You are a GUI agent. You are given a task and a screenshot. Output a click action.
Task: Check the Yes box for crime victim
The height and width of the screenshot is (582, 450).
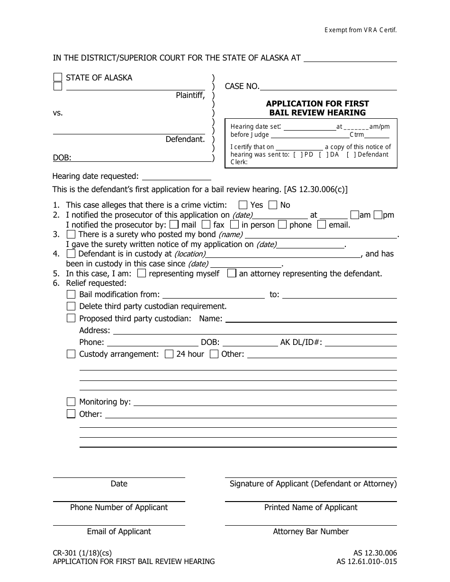point(243,205)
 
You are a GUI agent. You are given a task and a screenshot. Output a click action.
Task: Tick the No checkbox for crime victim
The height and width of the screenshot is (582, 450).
point(273,205)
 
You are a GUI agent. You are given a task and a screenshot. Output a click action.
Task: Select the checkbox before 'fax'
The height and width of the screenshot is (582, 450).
point(206,225)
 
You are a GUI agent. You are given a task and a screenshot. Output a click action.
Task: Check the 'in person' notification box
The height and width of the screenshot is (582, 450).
point(234,225)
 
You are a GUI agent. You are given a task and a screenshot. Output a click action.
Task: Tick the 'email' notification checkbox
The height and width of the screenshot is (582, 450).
point(322,225)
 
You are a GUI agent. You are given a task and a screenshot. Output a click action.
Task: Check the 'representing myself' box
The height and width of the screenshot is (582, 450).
point(141,273)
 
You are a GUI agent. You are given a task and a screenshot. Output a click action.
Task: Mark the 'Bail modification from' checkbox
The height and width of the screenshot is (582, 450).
point(71,294)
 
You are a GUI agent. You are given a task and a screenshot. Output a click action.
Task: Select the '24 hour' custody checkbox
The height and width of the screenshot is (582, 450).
point(169,354)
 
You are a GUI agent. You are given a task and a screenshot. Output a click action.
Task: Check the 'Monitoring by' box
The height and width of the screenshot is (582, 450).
point(71,402)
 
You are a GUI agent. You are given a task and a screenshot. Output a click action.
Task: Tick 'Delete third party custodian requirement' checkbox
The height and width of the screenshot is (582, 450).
point(71,306)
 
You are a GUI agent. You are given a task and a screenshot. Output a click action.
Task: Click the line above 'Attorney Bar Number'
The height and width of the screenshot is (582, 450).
point(311,524)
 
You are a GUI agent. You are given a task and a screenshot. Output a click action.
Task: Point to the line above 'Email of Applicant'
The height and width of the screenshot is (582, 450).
point(119,524)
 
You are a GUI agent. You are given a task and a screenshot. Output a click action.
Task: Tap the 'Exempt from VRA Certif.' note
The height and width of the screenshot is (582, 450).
point(360,30)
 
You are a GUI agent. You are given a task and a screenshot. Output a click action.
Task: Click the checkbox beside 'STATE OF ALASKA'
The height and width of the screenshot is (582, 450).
point(58,78)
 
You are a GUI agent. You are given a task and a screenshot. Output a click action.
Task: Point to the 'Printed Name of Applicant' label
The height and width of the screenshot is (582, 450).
point(311,507)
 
